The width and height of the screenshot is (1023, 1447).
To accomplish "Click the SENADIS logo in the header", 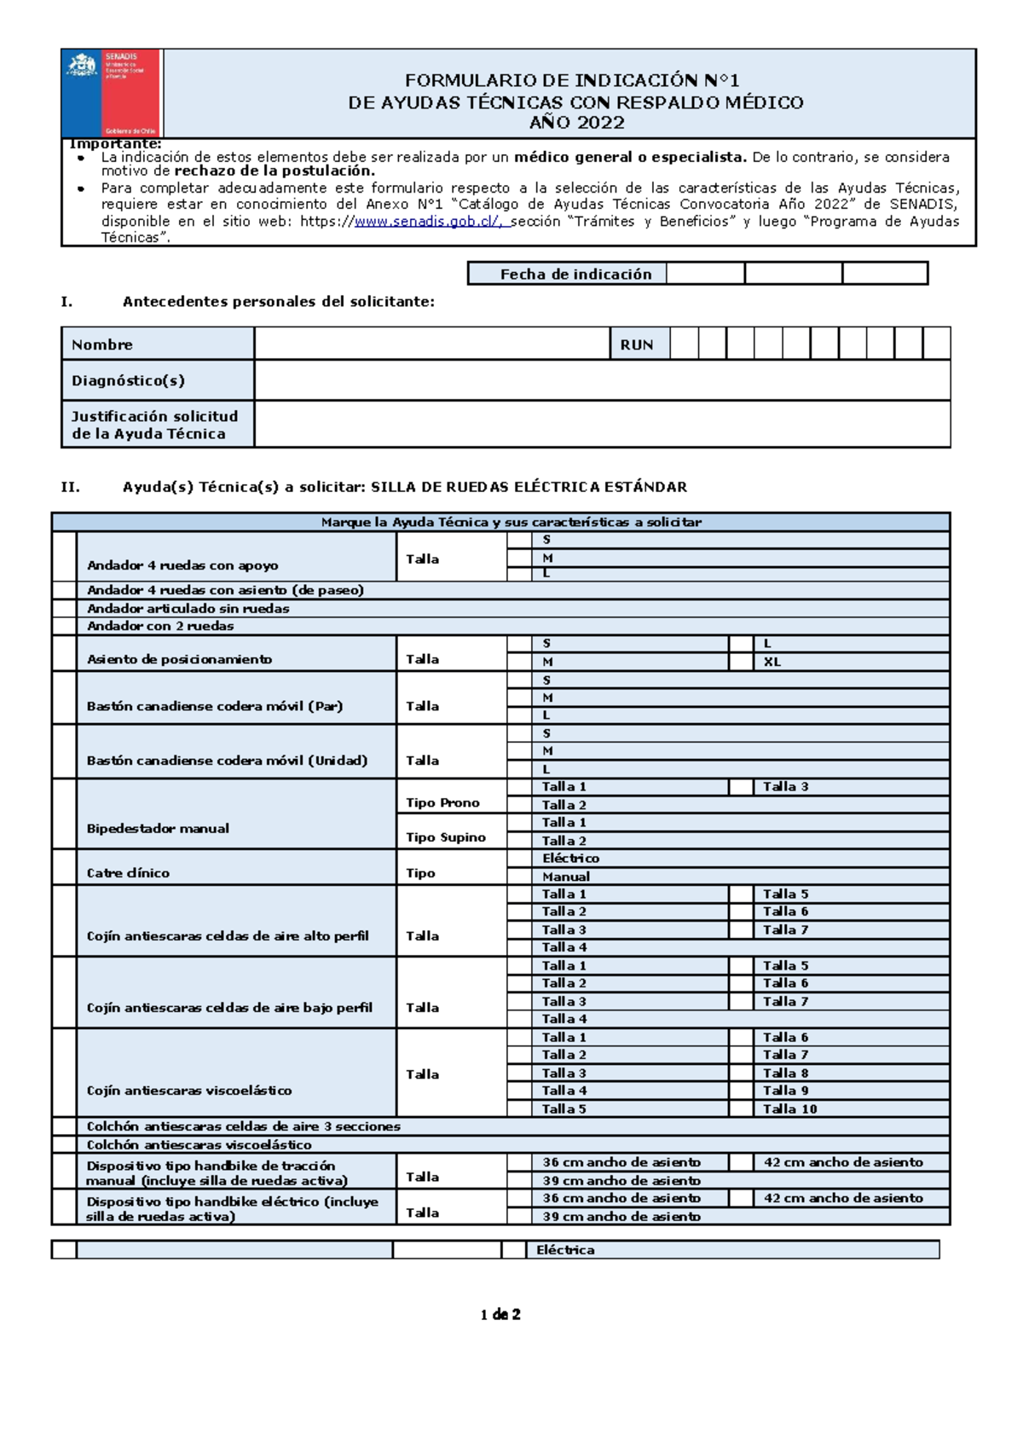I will pyautogui.click(x=112, y=92).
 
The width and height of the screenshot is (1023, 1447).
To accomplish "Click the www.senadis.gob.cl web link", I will pyautogui.click(x=428, y=222).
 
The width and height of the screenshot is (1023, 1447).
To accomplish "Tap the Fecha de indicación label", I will pyautogui.click(x=575, y=274).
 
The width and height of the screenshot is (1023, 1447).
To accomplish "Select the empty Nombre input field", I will pyautogui.click(x=431, y=344).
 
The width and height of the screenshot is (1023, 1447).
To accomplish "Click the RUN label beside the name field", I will pyautogui.click(x=637, y=344).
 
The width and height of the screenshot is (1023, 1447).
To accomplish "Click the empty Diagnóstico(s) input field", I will pyautogui.click(x=601, y=380).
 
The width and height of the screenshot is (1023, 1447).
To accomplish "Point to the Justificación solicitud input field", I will pyautogui.click(x=601, y=424).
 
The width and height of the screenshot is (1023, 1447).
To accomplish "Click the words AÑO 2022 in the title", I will pyautogui.click(x=577, y=123).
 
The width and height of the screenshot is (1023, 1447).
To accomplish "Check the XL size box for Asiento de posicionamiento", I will pyautogui.click(x=741, y=662).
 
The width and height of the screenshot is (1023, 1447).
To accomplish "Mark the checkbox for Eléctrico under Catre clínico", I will pyautogui.click(x=519, y=859).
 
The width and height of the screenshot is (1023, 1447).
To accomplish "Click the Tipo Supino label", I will pyautogui.click(x=445, y=837).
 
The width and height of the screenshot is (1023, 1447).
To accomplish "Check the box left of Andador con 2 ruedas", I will pyautogui.click(x=64, y=626).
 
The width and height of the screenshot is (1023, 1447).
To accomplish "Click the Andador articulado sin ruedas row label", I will pyautogui.click(x=188, y=609).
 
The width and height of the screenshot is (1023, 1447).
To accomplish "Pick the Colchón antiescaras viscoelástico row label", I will pyautogui.click(x=199, y=1145).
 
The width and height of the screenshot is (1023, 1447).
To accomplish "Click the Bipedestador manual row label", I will pyautogui.click(x=158, y=828).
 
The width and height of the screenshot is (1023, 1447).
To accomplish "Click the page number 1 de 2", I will pyautogui.click(x=500, y=1314).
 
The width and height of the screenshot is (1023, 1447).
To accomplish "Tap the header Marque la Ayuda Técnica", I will pyautogui.click(x=511, y=522).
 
